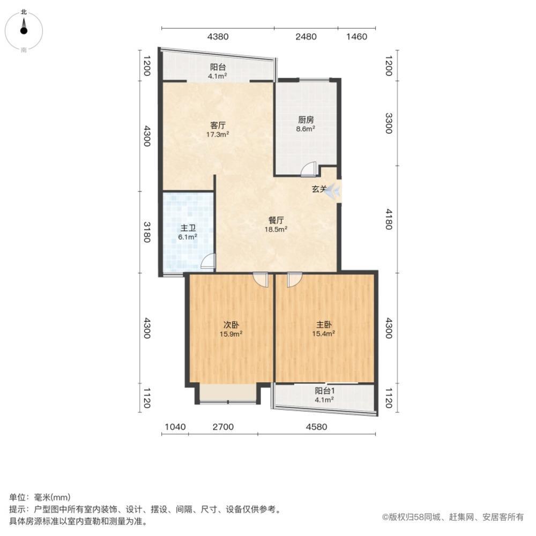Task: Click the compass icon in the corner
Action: coord(24,31)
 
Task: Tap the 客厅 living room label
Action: coord(218,125)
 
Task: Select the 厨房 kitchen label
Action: coord(306,120)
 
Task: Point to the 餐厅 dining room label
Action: coord(276,220)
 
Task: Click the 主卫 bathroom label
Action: coord(188,228)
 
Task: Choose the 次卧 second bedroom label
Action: coord(231,324)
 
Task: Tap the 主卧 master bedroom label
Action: coord(323,324)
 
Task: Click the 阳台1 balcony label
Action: coord(324,390)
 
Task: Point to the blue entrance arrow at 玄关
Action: coord(332,191)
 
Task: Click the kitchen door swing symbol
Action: coord(307,170)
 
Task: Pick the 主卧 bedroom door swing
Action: coord(294,279)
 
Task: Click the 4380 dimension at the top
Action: coord(218,36)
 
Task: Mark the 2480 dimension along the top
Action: coord(306,36)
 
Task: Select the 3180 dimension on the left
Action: coord(147,232)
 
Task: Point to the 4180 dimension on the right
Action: coord(389,219)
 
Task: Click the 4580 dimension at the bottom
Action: coord(317,427)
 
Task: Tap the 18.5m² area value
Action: coord(276,229)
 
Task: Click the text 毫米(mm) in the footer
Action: coord(53,497)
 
